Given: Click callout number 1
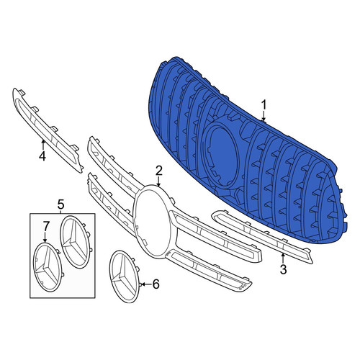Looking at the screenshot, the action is pos(264,105).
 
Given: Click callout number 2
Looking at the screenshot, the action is pos(159,171).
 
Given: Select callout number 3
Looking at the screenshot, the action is pos(284,269).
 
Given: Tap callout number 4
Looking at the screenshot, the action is pos(42,156).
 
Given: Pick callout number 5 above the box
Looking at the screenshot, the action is pos(60,204).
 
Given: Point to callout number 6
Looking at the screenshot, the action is pos(156,284).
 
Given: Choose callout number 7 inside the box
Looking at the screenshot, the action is pos(46,226).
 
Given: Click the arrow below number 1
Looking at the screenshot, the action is pos(264,116).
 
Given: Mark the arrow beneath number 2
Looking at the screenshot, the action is pos(158,181).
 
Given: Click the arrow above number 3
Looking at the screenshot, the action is pos(283,258).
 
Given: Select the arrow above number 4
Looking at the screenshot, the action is pos(43,145).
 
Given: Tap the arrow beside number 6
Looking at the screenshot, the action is pos(146,284).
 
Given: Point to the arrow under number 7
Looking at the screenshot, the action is pos(45,238).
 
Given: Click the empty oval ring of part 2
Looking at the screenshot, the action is pos(135,216).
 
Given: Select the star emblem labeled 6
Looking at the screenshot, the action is pos(124,276).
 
